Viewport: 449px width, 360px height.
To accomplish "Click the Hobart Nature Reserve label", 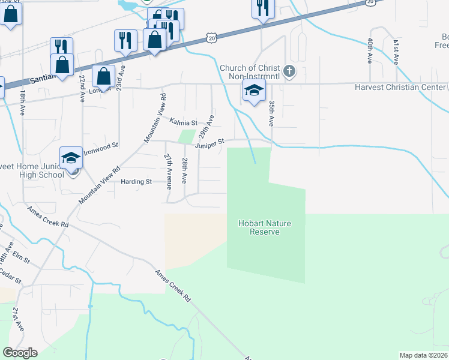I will point(265,227).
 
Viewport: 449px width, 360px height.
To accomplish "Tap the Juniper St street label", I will point(209,142).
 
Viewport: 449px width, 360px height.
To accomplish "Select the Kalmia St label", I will point(183,122).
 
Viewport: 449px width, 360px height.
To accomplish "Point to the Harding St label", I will point(136,181).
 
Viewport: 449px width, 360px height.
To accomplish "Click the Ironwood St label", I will point(103,145).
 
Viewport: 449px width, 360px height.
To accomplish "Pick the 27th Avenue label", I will point(169,171).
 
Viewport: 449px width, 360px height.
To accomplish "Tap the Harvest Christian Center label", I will point(400,88).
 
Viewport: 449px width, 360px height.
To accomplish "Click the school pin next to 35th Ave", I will point(254,92).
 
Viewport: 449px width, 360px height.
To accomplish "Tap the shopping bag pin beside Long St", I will point(104,77).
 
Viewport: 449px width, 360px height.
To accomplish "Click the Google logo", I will point(20,353).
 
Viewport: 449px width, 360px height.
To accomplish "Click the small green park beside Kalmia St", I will point(188,136).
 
